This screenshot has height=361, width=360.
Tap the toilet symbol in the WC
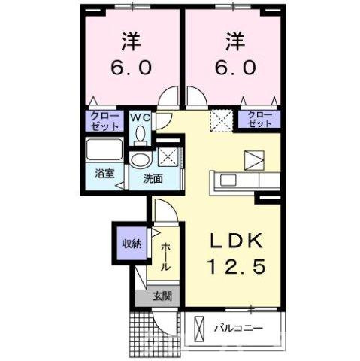[x=141, y=134]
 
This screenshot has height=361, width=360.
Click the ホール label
[x=165, y=256]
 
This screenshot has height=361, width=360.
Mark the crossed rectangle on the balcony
[x=200, y=329]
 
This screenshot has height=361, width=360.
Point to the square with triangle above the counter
[x=252, y=159]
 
